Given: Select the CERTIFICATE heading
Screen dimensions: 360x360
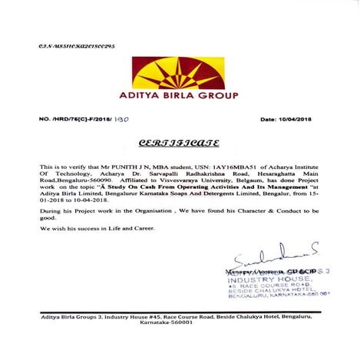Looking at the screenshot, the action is pyautogui.click(x=179, y=144).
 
